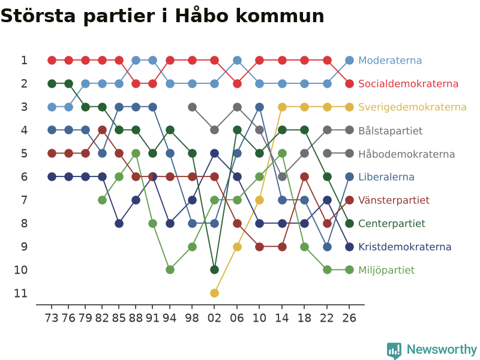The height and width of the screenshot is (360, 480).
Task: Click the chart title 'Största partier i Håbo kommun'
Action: point(162,16)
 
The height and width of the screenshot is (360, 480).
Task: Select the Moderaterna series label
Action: point(390,61)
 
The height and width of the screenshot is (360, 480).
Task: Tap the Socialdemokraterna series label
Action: point(409,83)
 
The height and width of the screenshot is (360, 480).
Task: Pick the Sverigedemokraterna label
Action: point(412,107)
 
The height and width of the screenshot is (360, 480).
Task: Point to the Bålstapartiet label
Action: point(391,130)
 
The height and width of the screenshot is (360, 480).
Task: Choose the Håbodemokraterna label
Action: point(407,154)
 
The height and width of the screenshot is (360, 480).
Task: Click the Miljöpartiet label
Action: point(386,270)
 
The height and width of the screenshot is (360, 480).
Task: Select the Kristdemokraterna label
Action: point(404,247)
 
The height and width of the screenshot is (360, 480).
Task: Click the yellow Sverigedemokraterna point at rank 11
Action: point(214,293)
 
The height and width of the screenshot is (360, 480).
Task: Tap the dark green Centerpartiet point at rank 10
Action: point(214,269)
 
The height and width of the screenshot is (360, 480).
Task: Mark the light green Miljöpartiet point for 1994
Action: point(170,269)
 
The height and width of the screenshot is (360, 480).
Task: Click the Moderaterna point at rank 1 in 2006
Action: point(237,61)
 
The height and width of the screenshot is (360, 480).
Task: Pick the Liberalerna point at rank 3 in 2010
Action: point(259,107)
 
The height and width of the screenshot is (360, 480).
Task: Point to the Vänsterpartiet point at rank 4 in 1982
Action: point(102,130)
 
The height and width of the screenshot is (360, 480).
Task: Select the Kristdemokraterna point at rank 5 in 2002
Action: point(214,154)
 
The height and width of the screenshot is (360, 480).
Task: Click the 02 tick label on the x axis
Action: point(214,318)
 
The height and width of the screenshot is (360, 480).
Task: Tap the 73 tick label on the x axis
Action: point(52,318)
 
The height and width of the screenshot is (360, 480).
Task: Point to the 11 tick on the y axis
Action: point(21,293)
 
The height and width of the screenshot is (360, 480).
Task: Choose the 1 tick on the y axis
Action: point(24,61)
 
